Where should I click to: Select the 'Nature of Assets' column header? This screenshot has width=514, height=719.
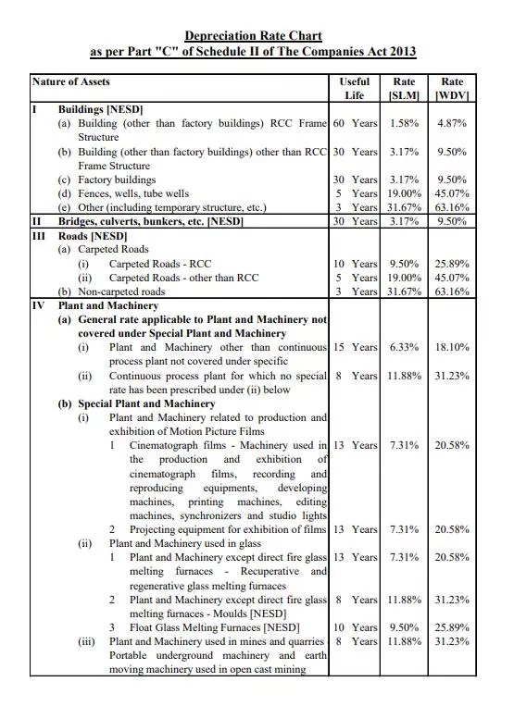(x=71, y=82)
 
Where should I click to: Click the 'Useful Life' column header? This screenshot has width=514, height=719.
(x=355, y=89)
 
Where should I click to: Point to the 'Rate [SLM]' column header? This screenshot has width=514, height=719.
(x=405, y=89)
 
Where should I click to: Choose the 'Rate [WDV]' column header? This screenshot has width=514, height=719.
(x=452, y=89)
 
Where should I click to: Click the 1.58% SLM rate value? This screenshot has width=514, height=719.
(x=405, y=123)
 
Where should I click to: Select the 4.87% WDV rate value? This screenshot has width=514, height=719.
(x=452, y=123)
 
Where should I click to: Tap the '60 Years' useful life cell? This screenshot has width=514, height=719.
(x=356, y=123)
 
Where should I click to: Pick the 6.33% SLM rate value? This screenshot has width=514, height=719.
(x=405, y=347)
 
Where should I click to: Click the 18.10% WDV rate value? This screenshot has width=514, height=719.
(x=452, y=347)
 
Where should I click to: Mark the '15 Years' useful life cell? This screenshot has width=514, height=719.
(x=356, y=347)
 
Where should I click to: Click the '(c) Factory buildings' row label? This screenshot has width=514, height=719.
(x=107, y=180)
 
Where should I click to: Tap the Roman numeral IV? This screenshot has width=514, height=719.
(x=38, y=305)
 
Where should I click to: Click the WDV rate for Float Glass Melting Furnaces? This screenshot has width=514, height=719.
(x=452, y=627)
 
